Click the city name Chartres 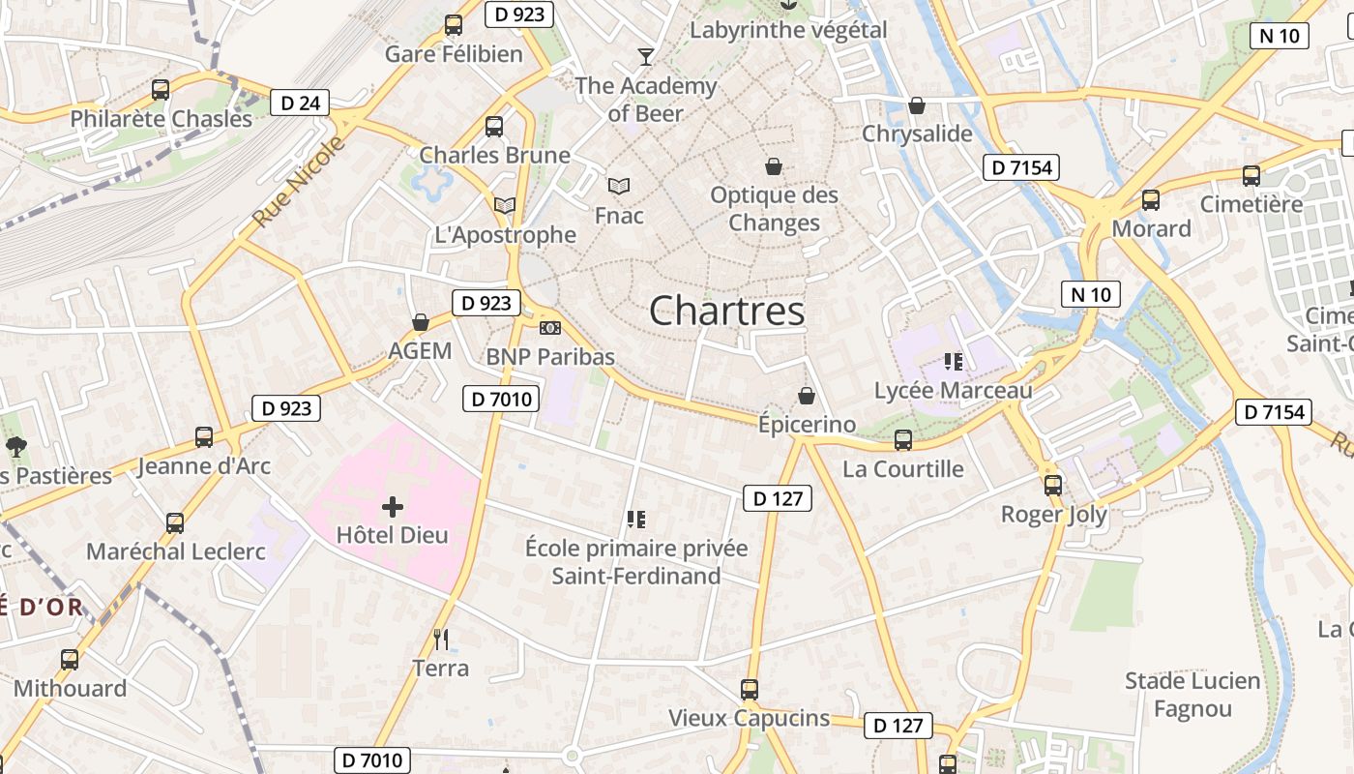pyautogui.click(x=726, y=311)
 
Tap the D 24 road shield pyautogui.click(x=300, y=103)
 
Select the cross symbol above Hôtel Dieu pyautogui.click(x=392, y=506)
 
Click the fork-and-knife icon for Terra pyautogui.click(x=441, y=639)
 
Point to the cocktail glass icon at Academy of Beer pyautogui.click(x=645, y=56)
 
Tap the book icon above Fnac pyautogui.click(x=619, y=186)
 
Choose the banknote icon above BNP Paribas pyautogui.click(x=549, y=329)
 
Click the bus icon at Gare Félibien pyautogui.click(x=453, y=25)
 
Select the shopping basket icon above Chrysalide pyautogui.click(x=916, y=104)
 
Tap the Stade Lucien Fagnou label pyautogui.click(x=1192, y=695)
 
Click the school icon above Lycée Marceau pyautogui.click(x=954, y=362)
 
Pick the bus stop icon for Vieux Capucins pyautogui.click(x=750, y=690)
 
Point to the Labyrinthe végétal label pyautogui.click(x=787, y=30)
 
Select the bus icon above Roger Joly pyautogui.click(x=1053, y=486)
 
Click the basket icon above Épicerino pyautogui.click(x=806, y=396)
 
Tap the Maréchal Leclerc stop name pyautogui.click(x=176, y=551)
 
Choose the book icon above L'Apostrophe pyautogui.click(x=504, y=205)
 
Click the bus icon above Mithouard pyautogui.click(x=70, y=660)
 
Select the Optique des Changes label pyautogui.click(x=774, y=209)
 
